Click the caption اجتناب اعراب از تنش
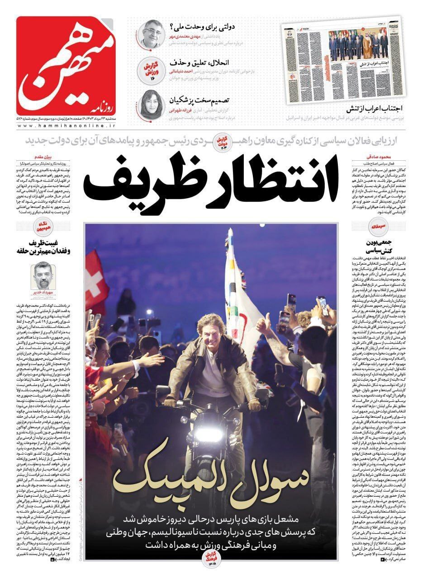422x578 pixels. coord(376,109)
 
